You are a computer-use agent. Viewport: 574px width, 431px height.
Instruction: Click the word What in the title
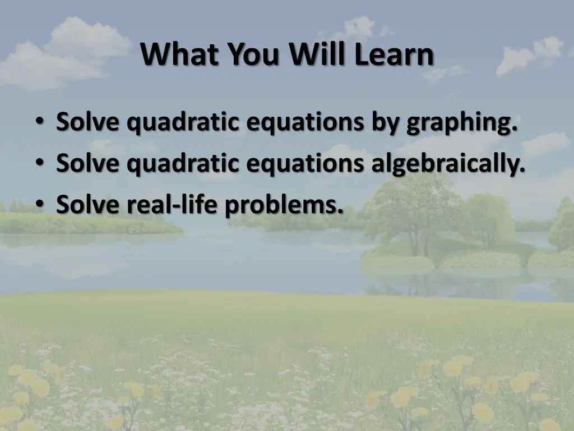click(174, 55)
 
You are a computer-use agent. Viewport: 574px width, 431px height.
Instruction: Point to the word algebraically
click(448, 164)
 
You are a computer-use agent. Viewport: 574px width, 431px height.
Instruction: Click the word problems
click(284, 206)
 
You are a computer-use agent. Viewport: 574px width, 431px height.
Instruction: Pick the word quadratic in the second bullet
click(183, 164)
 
